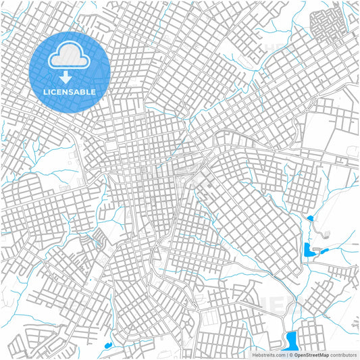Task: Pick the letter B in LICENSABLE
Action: [x=86, y=91]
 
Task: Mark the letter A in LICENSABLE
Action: [x=80, y=91]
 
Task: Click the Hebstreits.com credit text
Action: [x=268, y=354]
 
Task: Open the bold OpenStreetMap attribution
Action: [x=311, y=354]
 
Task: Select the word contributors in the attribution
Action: [x=343, y=354]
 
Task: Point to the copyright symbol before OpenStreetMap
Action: [x=290, y=354]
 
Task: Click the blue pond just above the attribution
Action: [x=292, y=338]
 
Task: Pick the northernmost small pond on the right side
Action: [x=310, y=218]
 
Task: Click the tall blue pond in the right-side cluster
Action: [x=308, y=251]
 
